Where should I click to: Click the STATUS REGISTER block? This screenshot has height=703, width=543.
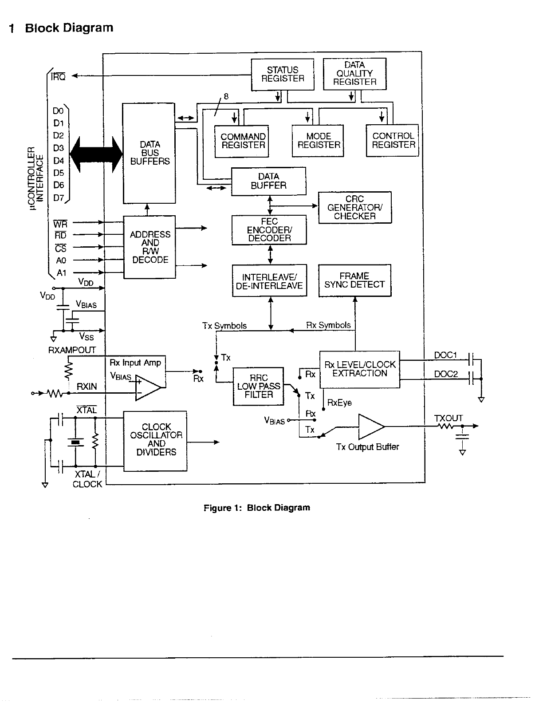282,75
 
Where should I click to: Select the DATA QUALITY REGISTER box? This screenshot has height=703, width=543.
354,74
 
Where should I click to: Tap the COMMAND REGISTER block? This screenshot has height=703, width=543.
242,142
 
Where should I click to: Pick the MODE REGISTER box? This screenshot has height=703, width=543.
318,141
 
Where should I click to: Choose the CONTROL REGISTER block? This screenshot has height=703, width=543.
392,140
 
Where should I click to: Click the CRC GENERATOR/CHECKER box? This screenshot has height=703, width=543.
355,207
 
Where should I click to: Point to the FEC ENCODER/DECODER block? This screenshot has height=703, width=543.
269,230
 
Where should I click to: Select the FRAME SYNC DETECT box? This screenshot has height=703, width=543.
355,280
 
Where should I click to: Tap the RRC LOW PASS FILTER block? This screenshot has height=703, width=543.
258,386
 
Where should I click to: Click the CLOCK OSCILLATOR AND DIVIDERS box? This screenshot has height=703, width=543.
155,441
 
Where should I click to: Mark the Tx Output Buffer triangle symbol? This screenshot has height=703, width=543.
371,427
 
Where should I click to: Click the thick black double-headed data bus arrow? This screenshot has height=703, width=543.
96,154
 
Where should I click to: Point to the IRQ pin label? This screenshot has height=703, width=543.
58,77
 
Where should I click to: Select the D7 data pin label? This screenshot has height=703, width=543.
59,197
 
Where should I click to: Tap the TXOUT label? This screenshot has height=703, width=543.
448,419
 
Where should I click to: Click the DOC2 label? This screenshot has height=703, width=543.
446,374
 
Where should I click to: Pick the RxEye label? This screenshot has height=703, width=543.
339,403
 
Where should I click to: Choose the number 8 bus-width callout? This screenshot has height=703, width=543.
226,96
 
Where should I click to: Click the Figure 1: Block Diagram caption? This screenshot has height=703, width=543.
257,508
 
